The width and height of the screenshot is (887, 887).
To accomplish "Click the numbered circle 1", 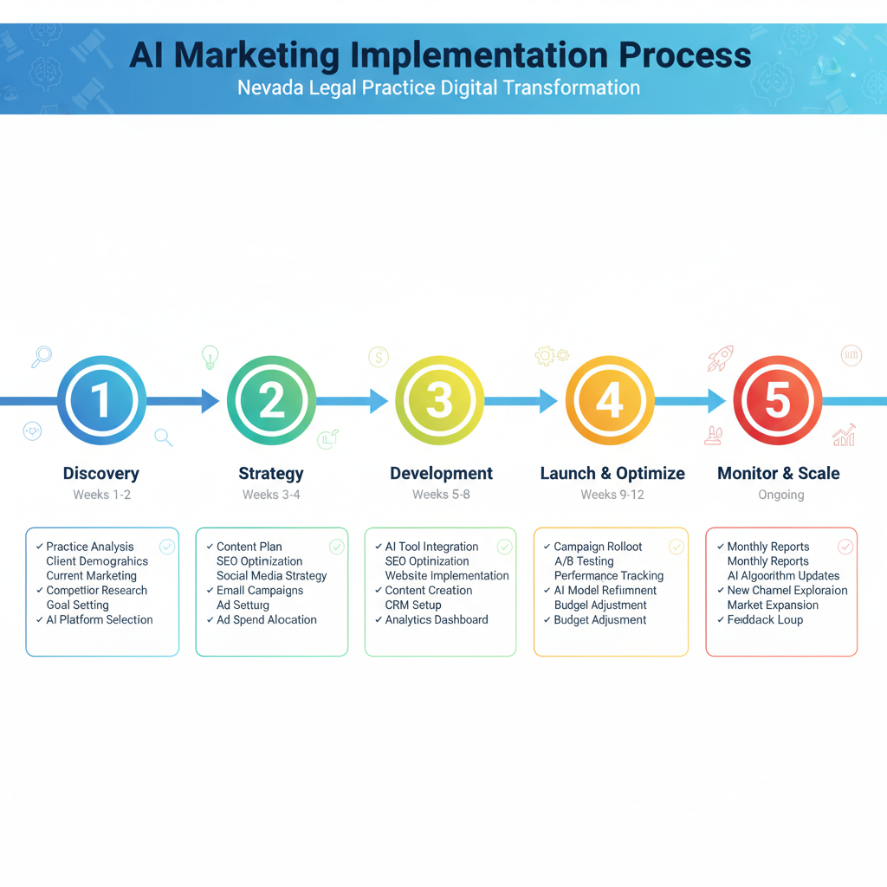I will point(101,401).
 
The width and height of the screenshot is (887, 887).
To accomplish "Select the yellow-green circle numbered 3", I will point(439,401).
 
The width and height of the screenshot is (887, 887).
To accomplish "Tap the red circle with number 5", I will point(777,401).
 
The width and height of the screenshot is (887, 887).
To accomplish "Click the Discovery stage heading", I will point(101,473).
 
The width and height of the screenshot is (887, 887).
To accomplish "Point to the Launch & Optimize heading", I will point(612,473).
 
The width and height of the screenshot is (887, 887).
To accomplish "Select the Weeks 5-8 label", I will point(442,495).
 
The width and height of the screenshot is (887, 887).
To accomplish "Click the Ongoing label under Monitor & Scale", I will point(780,495).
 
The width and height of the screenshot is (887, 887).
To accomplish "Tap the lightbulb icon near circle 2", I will point(210,355).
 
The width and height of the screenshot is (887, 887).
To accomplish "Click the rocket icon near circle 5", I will point(721,357).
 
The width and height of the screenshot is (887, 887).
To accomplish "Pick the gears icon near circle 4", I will point(551,354).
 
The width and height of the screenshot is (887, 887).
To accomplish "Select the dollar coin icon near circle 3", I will point(379,356).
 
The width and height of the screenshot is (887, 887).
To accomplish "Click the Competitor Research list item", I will point(96,591).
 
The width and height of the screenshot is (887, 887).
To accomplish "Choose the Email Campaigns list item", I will point(260,591).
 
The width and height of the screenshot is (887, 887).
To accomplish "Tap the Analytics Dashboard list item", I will point(437,620).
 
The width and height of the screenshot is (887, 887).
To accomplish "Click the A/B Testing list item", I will point(584,561).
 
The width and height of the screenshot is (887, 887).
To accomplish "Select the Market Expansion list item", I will point(773,605).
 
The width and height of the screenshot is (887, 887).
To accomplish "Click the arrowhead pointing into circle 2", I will point(210,401).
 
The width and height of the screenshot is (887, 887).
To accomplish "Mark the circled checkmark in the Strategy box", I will point(336,547).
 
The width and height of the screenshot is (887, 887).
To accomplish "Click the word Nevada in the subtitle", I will point(266,87).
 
